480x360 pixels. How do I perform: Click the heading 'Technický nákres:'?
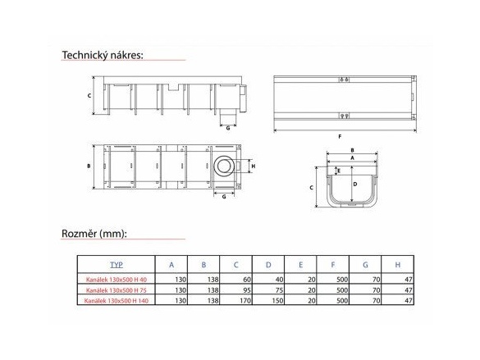[x=103, y=55]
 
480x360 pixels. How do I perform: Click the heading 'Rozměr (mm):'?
[x=94, y=234]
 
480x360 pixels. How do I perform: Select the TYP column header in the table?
[x=117, y=265]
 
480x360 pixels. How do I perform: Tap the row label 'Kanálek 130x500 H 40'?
[x=117, y=280]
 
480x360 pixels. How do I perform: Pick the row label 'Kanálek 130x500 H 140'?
[x=117, y=301]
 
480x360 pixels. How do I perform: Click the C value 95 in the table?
[x=247, y=290]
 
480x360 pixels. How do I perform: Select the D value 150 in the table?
[x=277, y=301]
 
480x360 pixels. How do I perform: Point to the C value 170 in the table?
[x=245, y=301]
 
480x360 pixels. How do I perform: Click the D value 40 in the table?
[x=279, y=280]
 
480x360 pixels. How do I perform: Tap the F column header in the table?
[x=333, y=265]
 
